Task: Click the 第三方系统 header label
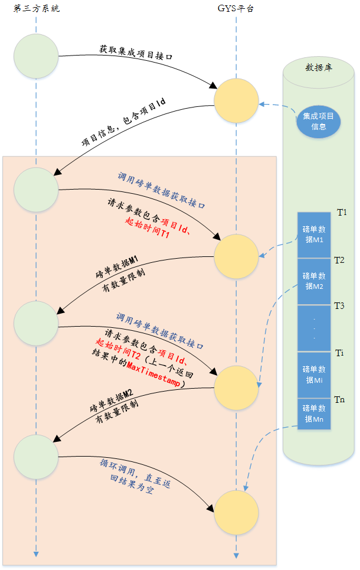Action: (x=37, y=9)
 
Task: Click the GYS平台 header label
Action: (x=235, y=9)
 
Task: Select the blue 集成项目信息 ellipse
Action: (x=318, y=122)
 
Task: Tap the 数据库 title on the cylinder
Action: (x=319, y=67)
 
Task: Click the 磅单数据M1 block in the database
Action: (x=314, y=235)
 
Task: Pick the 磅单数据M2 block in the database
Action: (x=314, y=281)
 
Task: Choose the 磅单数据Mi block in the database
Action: (x=314, y=375)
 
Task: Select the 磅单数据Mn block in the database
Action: (x=314, y=413)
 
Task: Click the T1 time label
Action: (x=342, y=212)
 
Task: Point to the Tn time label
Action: (x=339, y=399)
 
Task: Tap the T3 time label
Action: (x=339, y=306)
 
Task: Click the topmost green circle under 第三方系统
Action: (x=36, y=56)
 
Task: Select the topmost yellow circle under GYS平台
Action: (x=236, y=100)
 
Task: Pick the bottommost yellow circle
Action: (x=236, y=513)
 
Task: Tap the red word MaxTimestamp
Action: (x=153, y=373)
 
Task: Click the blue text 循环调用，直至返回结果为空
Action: (x=135, y=476)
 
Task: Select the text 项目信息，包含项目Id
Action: (x=123, y=122)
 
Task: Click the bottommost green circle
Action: (x=36, y=457)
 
